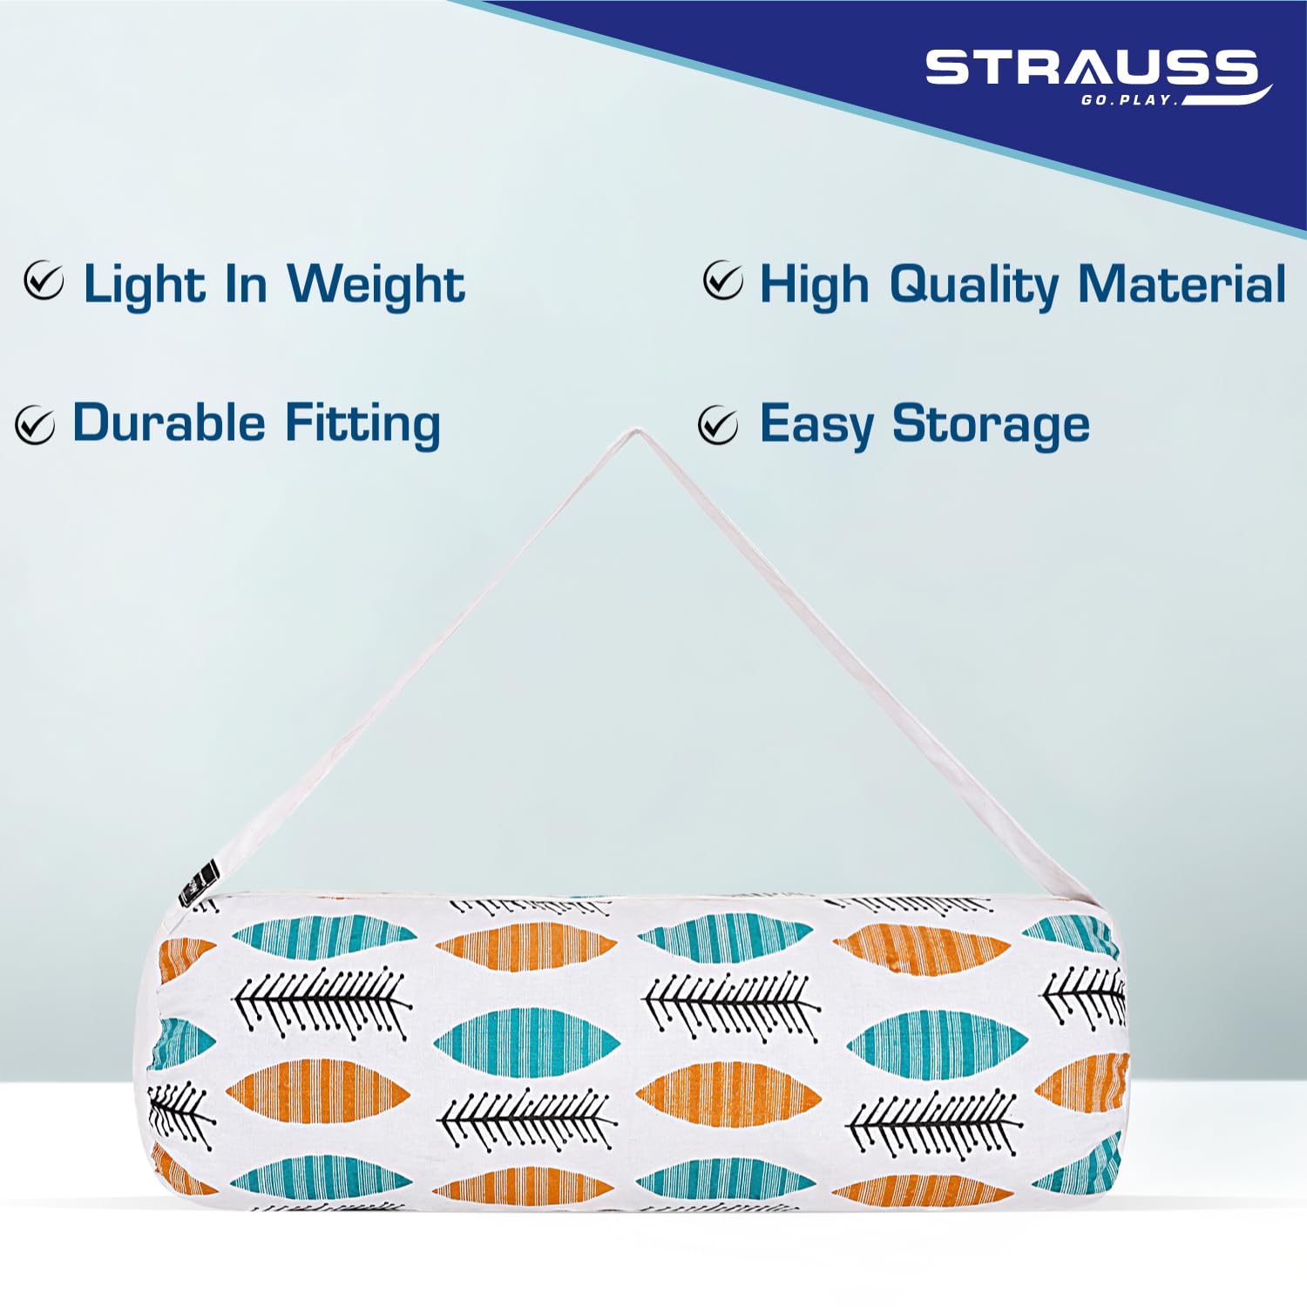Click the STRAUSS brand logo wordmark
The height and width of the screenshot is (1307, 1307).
tap(1091, 68)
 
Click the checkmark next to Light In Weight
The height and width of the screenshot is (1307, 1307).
tap(44, 281)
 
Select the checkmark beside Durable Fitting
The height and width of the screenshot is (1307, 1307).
tap(35, 425)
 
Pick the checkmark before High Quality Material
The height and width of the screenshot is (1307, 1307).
tap(723, 281)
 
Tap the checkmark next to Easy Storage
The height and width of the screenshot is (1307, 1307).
tap(718, 424)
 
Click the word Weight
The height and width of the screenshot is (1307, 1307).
tap(376, 285)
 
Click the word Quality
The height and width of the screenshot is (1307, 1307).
tap(975, 285)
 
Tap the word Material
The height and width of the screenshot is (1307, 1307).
tap(1182, 283)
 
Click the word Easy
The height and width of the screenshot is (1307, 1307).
tap(816, 426)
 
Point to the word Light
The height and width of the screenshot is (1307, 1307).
tap(144, 285)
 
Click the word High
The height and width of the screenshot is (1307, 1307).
tap(815, 285)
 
